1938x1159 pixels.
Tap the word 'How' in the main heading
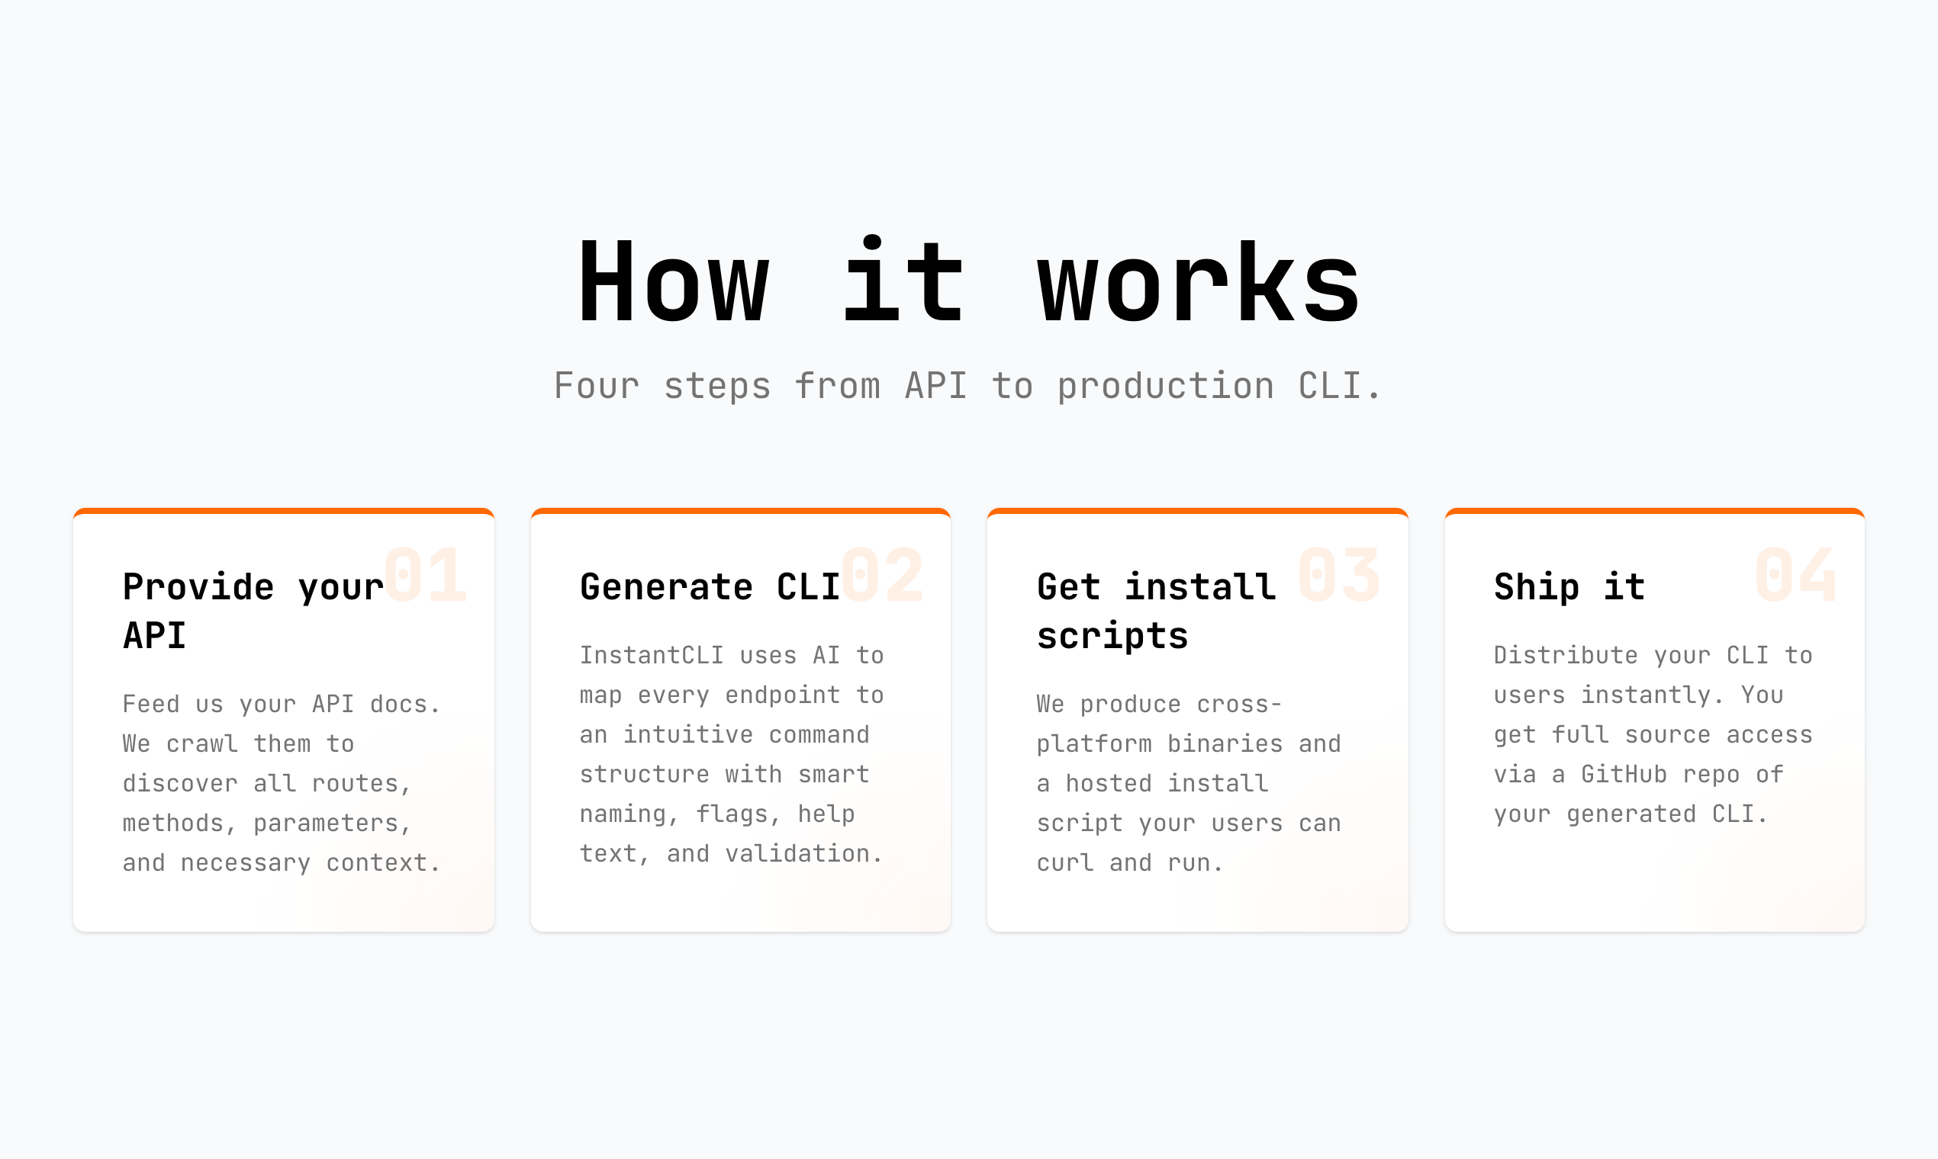coord(674,283)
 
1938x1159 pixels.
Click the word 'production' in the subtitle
coord(1165,386)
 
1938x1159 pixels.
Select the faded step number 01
coord(426,576)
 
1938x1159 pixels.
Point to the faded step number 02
coord(882,576)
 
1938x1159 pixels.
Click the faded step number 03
coord(1339,576)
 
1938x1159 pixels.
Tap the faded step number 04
coord(1796,576)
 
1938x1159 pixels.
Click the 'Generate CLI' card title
coord(710,587)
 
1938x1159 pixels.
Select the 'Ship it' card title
coord(1569,587)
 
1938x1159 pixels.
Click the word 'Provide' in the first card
coord(198,587)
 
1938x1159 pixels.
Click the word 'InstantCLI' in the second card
coord(652,655)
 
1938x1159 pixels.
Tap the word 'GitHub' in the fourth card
coord(1624,775)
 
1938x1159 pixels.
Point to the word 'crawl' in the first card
coord(201,744)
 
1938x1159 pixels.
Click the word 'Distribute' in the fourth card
coord(1565,655)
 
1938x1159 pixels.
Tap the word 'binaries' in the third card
coord(1225,744)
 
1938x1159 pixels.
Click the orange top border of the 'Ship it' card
coord(1654,512)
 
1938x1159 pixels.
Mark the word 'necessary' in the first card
coord(246,863)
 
